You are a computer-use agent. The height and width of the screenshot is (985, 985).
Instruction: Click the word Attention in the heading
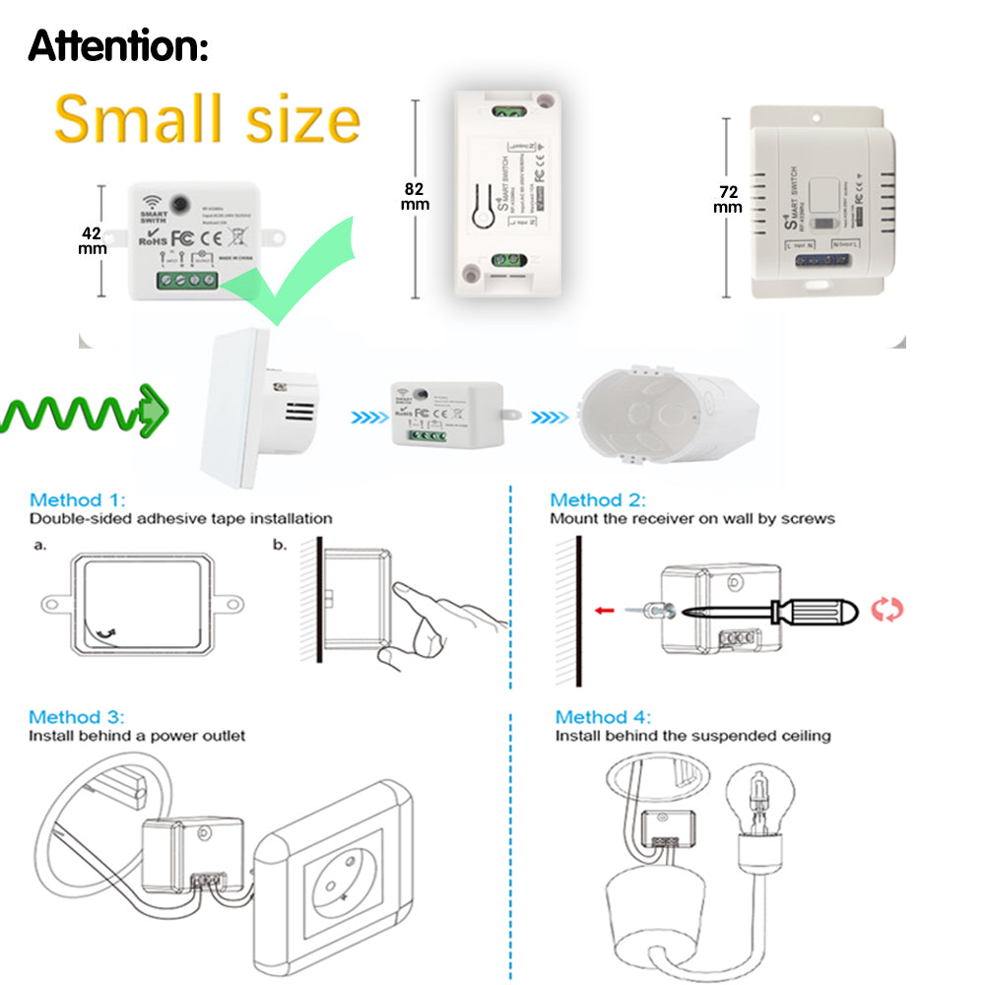[117, 45]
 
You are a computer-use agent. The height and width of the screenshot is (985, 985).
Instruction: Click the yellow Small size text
[207, 119]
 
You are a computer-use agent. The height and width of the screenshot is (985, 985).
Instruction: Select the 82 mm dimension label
[415, 196]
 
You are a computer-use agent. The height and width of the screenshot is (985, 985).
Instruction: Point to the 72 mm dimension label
[727, 200]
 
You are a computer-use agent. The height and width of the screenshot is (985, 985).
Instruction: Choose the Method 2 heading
[598, 500]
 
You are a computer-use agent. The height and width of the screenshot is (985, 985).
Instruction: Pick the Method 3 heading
[77, 717]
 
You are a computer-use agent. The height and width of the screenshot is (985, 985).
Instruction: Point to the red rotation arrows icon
[887, 610]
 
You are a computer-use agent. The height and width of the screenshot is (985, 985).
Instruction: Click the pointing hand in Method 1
[443, 621]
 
